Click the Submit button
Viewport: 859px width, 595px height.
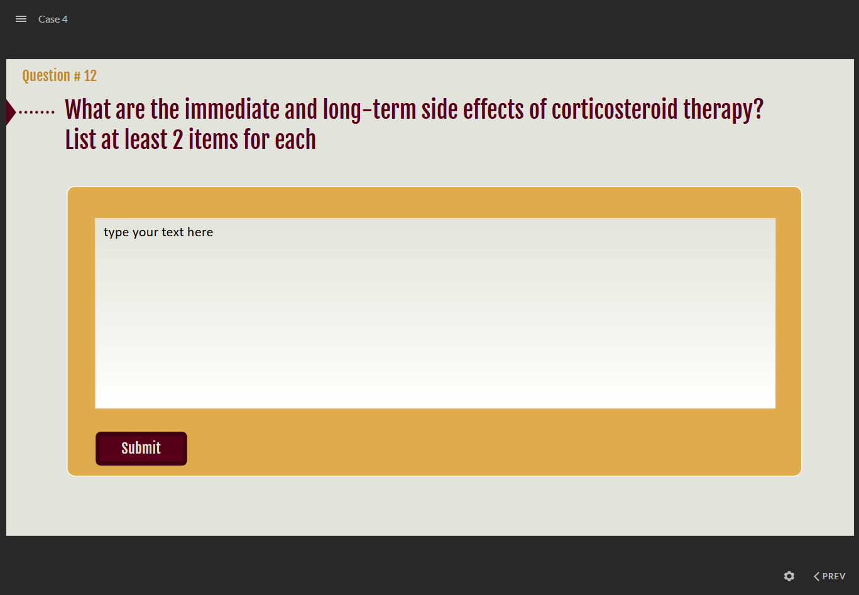(141, 449)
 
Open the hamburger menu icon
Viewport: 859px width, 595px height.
(21, 19)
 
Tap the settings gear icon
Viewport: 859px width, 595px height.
(789, 576)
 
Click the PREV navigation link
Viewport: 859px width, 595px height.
(829, 576)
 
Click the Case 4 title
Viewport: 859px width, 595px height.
(53, 19)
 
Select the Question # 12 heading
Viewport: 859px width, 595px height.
(60, 75)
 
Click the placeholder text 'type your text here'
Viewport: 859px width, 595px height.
(158, 232)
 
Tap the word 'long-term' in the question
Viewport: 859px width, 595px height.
(369, 111)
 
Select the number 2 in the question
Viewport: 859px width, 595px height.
(178, 139)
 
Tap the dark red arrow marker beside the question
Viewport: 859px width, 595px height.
(11, 112)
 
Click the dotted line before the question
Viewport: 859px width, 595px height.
(36, 112)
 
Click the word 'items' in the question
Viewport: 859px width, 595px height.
(213, 139)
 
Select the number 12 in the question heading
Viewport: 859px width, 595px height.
(90, 75)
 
